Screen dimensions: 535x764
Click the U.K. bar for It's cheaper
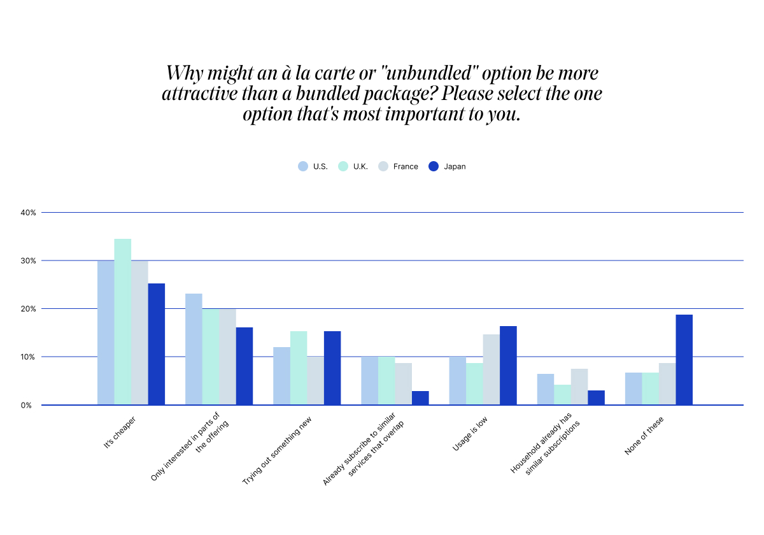point(123,322)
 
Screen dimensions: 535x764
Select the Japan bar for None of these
point(684,360)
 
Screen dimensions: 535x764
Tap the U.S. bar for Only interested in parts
point(194,349)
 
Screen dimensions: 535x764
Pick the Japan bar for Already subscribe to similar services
point(420,398)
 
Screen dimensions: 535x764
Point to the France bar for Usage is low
point(491,369)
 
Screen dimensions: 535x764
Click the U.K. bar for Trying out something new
point(299,367)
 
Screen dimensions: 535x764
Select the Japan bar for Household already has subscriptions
point(596,397)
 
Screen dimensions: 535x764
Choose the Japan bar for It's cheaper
point(157,344)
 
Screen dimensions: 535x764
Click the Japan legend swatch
point(434,166)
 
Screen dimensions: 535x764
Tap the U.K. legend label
point(360,167)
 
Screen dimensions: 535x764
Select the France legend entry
point(399,167)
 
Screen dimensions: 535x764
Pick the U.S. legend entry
point(313,167)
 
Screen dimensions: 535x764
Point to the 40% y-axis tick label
point(28,212)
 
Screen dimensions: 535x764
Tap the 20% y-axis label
point(28,309)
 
